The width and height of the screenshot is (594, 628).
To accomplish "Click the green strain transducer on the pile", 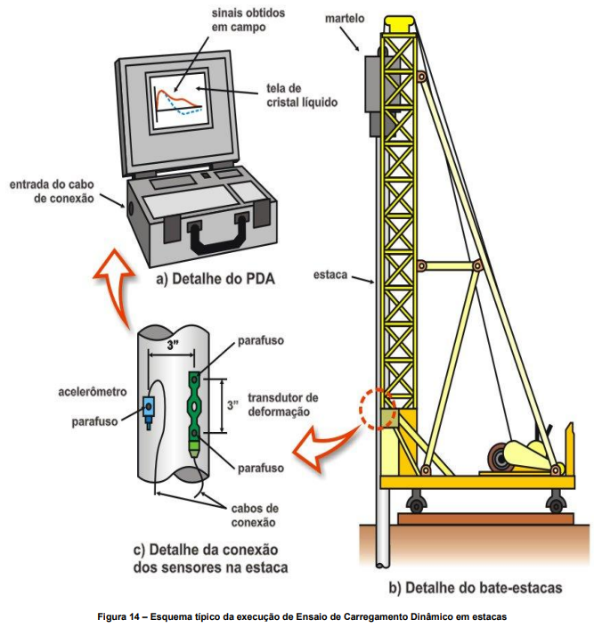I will (x=194, y=409).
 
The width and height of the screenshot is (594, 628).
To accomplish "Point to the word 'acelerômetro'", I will (x=93, y=391).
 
